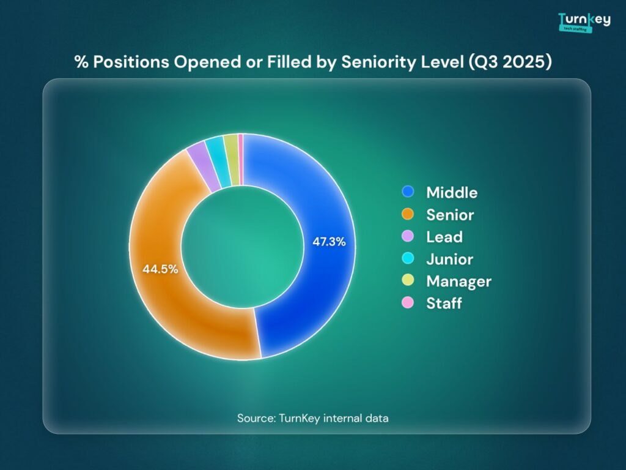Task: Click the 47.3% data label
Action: [x=329, y=242]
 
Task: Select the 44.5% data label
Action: [x=160, y=269]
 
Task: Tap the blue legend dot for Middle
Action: [x=408, y=192]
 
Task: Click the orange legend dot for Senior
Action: [x=408, y=214]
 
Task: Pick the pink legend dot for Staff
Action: [x=408, y=302]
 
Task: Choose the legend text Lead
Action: [x=444, y=237]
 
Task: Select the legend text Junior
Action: [x=450, y=259]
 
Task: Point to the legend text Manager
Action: [x=459, y=281]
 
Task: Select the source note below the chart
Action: [x=313, y=418]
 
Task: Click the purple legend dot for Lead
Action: [x=408, y=236]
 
